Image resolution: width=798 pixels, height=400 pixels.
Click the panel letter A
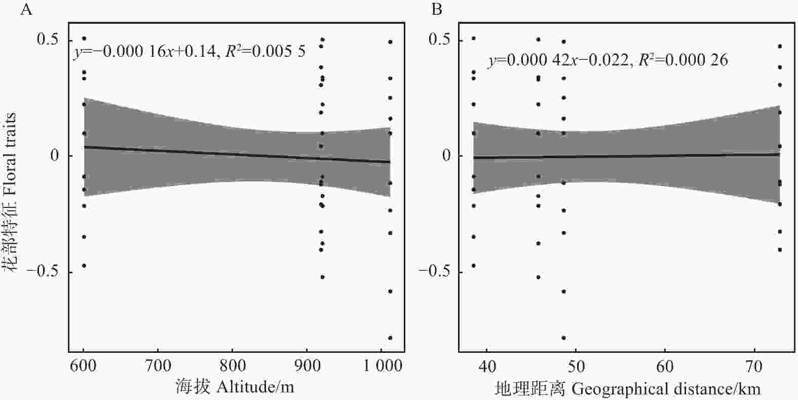coord(26,9)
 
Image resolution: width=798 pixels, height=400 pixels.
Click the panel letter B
coord(437,9)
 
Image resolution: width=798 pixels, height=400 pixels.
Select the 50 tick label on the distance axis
coord(576,367)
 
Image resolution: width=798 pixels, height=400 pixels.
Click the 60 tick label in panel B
coord(665,367)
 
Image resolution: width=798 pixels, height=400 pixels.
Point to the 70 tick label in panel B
coord(753,367)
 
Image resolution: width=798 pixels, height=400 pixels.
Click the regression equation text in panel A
coord(189,52)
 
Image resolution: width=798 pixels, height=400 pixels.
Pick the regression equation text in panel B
coord(608,60)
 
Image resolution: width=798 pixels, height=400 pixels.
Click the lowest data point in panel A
coord(390,338)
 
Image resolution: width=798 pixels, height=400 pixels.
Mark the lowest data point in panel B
coord(563,338)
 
